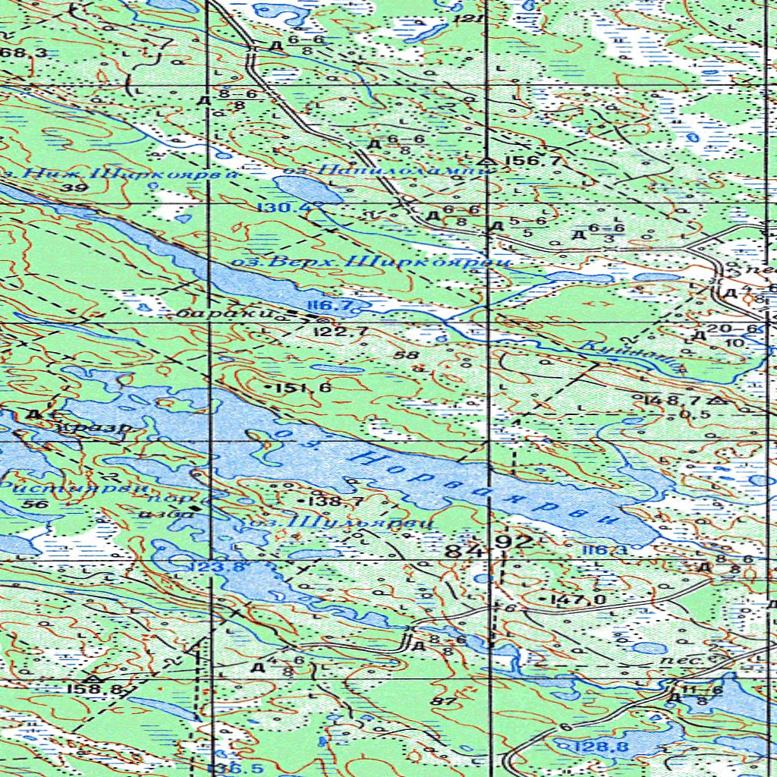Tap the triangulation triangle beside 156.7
486,162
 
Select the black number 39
74,187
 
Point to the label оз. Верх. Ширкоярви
370,262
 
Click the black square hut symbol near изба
196,507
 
